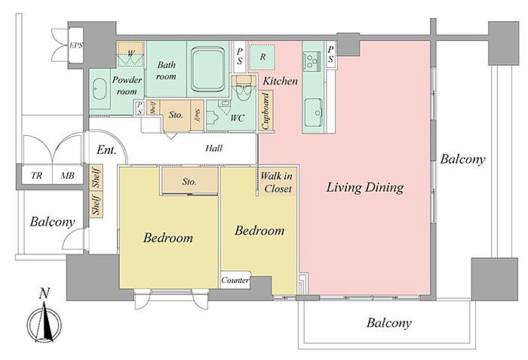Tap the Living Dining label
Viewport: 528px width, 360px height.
pos(365,187)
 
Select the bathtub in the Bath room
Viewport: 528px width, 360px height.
pos(207,69)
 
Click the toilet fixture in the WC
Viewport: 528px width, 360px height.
pos(243,88)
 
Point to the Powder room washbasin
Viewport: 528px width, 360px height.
pos(100,88)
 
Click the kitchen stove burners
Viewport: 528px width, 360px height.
pos(311,60)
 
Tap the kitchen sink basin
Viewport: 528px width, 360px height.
pos(314,112)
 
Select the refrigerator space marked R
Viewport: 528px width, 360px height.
pos(262,57)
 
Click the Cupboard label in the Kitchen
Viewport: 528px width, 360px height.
pos(266,111)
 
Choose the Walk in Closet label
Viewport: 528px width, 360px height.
pos(277,183)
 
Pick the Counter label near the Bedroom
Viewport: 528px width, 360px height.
pos(235,280)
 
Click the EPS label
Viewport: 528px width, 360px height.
pos(76,45)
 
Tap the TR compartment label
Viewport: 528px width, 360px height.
pos(37,176)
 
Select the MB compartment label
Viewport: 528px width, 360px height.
pos(67,176)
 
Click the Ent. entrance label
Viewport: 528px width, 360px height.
pos(106,149)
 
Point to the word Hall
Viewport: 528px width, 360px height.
pos(213,149)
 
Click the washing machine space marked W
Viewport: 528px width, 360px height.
pos(131,53)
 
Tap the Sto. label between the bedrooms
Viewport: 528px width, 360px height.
pos(189,182)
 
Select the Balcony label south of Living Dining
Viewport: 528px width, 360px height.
pos(389,323)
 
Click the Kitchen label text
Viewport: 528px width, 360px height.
pos(280,81)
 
